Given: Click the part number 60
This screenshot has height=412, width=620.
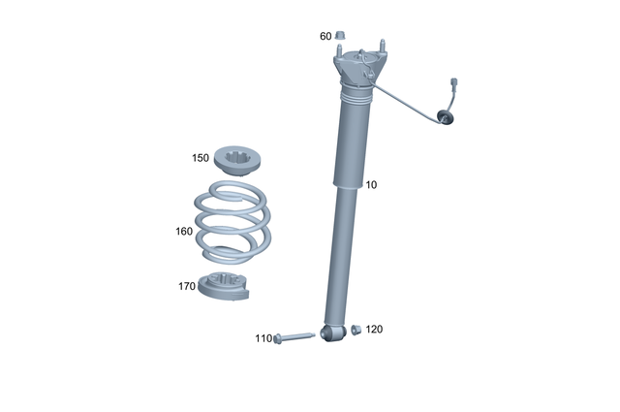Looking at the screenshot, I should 325,36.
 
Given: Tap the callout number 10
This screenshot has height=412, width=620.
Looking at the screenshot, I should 371,184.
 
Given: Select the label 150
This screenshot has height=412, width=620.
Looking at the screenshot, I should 201,157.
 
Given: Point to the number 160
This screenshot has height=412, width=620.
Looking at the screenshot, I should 184,232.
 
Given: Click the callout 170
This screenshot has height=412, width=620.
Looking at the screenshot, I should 187,286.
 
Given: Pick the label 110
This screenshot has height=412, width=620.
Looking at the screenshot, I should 263,338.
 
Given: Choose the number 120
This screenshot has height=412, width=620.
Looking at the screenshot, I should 374,330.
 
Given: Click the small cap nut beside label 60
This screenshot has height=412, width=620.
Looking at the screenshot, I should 341,36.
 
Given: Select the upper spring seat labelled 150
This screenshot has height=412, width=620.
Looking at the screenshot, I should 235,158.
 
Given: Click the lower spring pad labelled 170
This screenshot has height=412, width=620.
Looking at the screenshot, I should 225,288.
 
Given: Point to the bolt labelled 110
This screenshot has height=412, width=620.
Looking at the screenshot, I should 294,337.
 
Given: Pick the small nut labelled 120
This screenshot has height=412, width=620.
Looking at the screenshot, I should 356,330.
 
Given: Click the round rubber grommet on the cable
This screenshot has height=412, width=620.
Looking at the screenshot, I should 447,115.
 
